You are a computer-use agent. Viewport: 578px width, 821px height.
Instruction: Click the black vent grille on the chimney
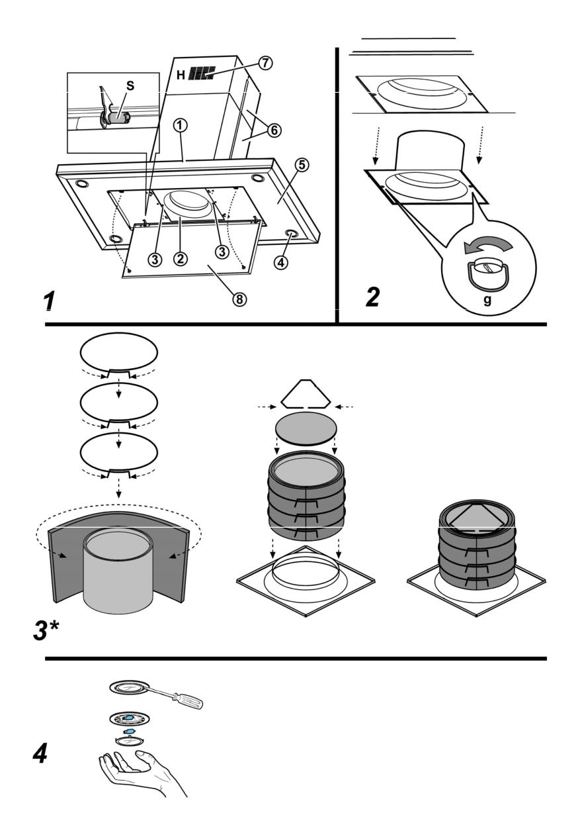[x=201, y=73]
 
